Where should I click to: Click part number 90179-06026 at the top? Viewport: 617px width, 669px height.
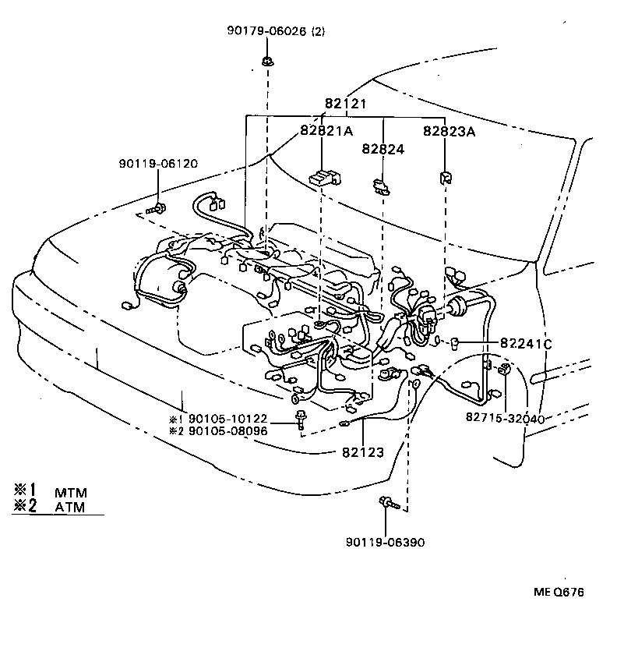[x=264, y=31]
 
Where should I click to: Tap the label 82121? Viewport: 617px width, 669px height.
[x=347, y=104]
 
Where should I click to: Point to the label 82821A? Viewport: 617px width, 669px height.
[x=326, y=131]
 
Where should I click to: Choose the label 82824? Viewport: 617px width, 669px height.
[x=383, y=148]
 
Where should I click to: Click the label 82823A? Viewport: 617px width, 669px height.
[x=449, y=131]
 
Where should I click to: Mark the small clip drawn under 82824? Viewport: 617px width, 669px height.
[x=381, y=185]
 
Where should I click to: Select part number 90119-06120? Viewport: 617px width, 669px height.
[x=158, y=164]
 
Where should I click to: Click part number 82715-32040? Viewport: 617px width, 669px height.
[x=504, y=418]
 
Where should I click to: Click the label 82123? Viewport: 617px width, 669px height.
[x=362, y=451]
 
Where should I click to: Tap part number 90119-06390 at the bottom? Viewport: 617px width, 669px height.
[x=386, y=542]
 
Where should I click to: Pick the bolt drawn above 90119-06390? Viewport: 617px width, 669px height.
[x=386, y=503]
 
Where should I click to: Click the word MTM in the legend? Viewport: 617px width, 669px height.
[x=71, y=493]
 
